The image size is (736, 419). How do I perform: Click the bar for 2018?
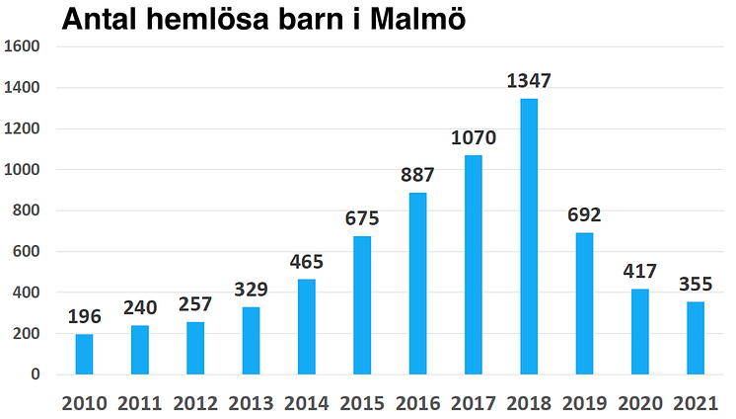529,237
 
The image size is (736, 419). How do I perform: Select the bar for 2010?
84,355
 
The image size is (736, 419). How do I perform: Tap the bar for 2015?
362,305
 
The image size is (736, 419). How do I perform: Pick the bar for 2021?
696,338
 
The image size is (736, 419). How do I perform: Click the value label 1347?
529,80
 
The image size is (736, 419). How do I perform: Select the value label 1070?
474,137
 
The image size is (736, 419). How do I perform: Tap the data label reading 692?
584,214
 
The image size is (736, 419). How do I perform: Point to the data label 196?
84,316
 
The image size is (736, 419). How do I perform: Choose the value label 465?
306,262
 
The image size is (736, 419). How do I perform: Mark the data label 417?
640,271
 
